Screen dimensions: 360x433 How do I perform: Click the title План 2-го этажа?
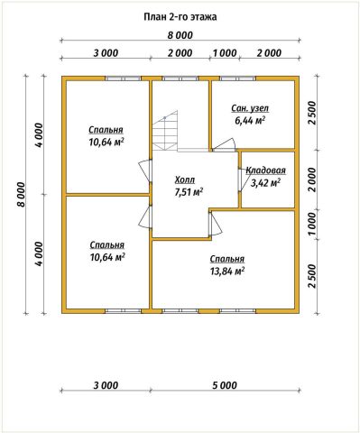[x=180, y=17]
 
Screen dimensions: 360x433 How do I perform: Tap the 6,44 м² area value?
[x=250, y=121]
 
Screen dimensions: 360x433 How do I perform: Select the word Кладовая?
[x=265, y=170]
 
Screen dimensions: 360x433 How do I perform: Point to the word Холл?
[x=185, y=180]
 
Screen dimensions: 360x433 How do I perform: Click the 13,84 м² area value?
[x=227, y=272]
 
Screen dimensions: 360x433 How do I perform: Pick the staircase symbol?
[x=165, y=131]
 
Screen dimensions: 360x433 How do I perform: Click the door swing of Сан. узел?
[x=224, y=144]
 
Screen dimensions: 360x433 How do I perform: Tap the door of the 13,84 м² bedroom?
[x=216, y=224]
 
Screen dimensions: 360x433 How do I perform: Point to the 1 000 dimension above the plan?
[x=225, y=53]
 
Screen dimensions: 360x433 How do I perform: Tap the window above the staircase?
[x=180, y=78]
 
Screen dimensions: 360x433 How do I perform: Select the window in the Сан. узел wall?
[x=238, y=78]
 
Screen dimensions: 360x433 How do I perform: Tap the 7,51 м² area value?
[x=189, y=192]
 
